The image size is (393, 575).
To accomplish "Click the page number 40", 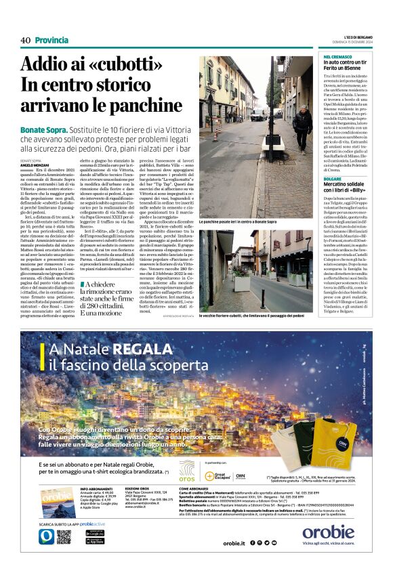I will (x=25, y=41).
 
